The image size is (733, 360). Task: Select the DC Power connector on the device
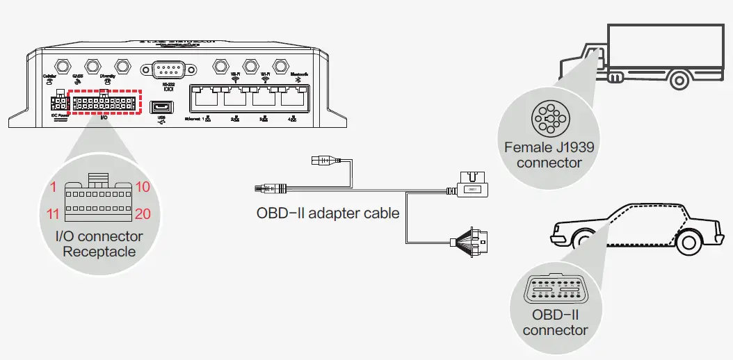click(58, 103)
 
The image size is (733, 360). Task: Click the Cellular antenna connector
click(61, 66)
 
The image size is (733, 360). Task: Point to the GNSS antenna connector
click(92, 66)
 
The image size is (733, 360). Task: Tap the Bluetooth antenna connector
click(280, 66)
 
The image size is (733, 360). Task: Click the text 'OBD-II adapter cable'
click(328, 213)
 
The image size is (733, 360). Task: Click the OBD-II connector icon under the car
click(556, 288)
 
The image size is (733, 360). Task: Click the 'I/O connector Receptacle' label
click(99, 243)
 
